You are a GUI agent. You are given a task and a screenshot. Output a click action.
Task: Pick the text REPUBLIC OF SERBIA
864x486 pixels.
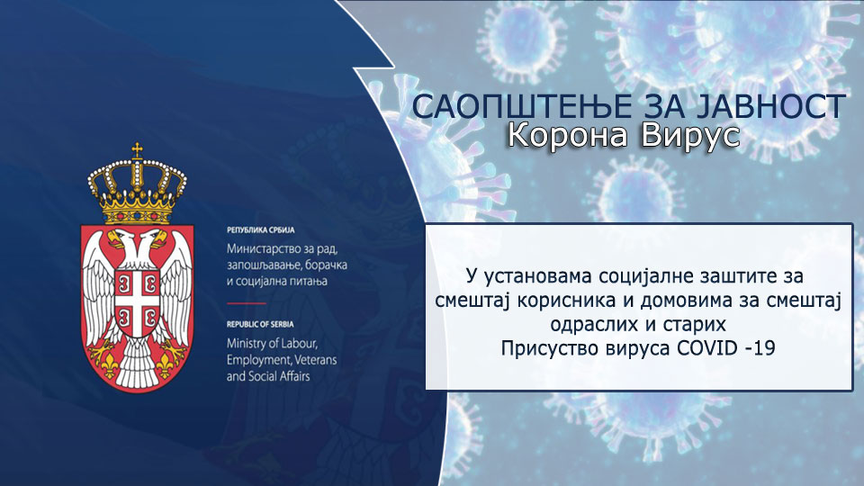(x=266, y=323)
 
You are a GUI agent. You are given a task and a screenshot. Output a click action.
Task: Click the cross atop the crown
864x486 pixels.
(x=137, y=150)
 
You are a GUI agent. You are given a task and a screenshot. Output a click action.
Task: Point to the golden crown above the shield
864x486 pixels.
(x=137, y=184)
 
